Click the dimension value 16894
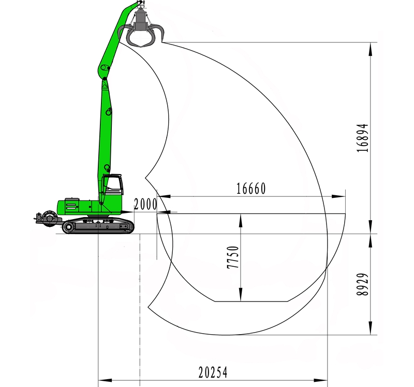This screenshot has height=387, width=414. point(362,138)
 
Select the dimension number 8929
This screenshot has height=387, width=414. point(362,284)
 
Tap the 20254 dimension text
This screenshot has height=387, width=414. point(213,372)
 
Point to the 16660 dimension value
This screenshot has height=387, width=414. point(251,189)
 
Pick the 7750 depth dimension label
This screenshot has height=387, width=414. point(233,257)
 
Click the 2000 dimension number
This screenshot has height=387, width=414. point(145,204)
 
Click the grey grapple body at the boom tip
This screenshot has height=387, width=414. point(140,20)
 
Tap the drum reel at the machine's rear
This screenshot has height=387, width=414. point(49,217)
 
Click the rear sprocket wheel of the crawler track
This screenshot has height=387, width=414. point(69,227)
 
